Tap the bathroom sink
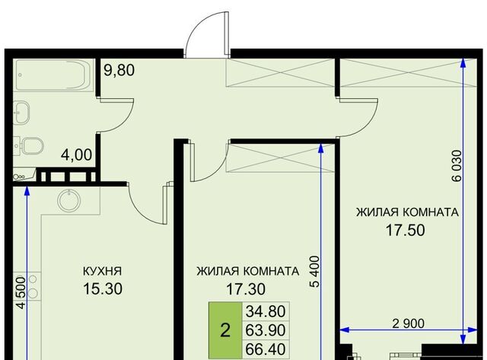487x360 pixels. click(22, 112)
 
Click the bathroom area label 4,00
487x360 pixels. click(76, 155)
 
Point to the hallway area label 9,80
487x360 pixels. click(119, 70)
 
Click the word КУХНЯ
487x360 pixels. click(103, 271)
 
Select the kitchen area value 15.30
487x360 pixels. click(103, 288)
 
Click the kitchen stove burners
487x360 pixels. click(33, 287)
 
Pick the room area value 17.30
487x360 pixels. click(246, 289)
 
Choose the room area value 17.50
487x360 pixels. click(406, 230)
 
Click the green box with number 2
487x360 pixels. click(225, 330)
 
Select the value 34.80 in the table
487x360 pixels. click(266, 311)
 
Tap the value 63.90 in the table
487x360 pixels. click(266, 330)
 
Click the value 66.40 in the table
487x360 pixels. click(266, 349)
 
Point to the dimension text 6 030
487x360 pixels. click(457, 166)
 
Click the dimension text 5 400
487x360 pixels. click(314, 272)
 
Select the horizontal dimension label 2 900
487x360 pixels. click(408, 323)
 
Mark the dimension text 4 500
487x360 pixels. click(21, 292)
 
